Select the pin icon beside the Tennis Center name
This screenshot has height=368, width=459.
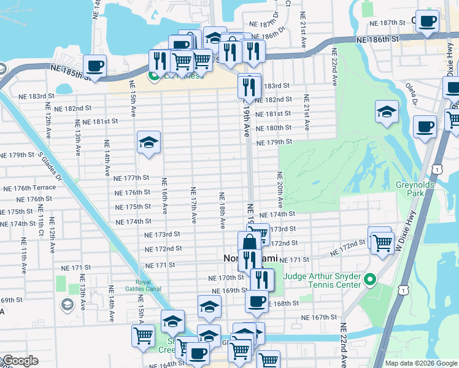pyautogui.click(x=369, y=281)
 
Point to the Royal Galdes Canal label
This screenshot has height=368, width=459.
pyautogui.click(x=151, y=286)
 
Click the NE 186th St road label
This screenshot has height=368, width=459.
pyautogui.click(x=378, y=39)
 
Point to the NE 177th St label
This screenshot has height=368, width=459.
pyautogui.click(x=132, y=178)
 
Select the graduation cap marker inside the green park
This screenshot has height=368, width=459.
pyautogui.click(x=387, y=112)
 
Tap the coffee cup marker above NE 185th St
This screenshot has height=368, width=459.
pyautogui.click(x=94, y=65)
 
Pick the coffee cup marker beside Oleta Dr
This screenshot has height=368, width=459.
pyautogui.click(x=425, y=127)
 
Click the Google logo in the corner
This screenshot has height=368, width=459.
pyautogui.click(x=20, y=361)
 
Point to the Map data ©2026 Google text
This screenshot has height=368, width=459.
pyautogui.click(x=420, y=363)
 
